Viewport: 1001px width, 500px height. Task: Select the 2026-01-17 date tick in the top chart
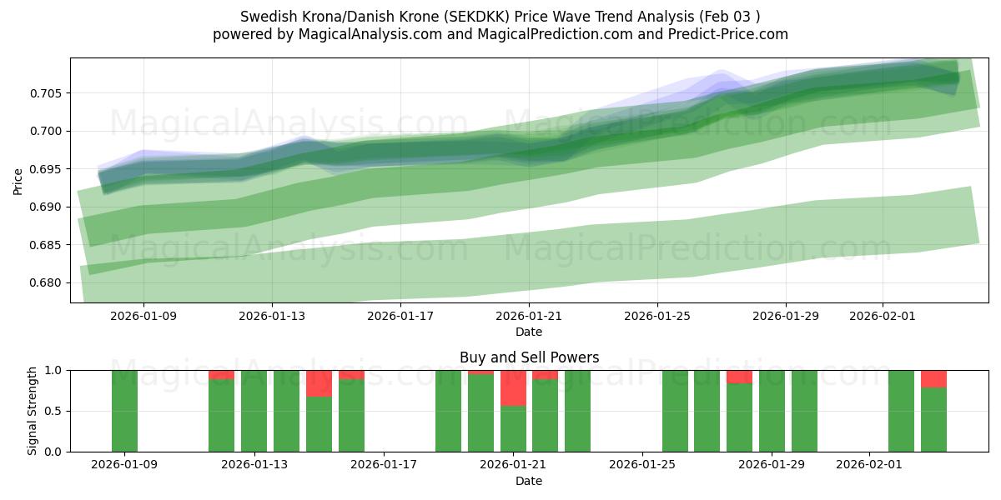pos(400,316)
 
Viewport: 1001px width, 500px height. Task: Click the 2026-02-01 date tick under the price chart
pos(883,316)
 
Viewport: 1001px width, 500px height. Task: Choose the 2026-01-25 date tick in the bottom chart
pos(643,465)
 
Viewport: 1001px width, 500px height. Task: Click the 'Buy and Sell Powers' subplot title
pos(529,357)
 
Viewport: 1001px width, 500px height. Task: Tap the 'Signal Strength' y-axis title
pos(33,411)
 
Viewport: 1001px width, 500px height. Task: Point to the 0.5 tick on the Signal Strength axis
pos(53,411)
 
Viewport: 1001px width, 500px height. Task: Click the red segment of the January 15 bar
pos(319,383)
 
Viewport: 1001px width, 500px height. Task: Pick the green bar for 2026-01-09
pos(124,411)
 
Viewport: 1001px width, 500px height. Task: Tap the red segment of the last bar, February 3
pos(933,379)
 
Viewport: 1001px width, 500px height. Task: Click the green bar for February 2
pos(901,411)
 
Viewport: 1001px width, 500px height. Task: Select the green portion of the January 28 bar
pos(739,417)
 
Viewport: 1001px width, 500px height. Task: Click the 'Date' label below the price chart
pos(529,332)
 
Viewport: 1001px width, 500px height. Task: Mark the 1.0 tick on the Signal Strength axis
pos(53,370)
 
